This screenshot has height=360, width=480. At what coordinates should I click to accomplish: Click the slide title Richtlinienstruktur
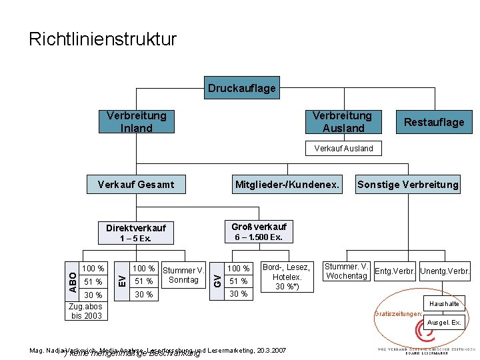pyautogui.click(x=103, y=39)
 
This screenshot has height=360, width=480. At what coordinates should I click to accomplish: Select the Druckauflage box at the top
pyautogui.click(x=241, y=88)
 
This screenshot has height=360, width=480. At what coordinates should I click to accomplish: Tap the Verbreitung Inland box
pyautogui.click(x=136, y=122)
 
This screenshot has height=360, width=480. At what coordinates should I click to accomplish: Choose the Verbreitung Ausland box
pyautogui.click(x=343, y=122)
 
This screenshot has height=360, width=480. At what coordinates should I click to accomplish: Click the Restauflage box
pyautogui.click(x=434, y=122)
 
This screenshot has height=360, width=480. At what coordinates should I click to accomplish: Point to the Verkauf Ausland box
pyautogui.click(x=343, y=148)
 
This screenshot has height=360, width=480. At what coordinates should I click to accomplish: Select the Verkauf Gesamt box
pyautogui.click(x=136, y=184)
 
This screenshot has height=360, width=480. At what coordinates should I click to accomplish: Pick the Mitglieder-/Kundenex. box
pyautogui.click(x=287, y=184)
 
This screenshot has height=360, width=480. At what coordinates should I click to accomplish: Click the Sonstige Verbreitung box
pyautogui.click(x=408, y=184)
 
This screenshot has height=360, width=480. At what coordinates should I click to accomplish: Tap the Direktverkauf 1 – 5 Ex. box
pyautogui.click(x=136, y=232)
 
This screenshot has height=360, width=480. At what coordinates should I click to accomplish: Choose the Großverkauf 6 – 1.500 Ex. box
pyautogui.click(x=259, y=231)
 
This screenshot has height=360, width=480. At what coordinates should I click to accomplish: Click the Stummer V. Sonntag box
pyautogui.click(x=183, y=275)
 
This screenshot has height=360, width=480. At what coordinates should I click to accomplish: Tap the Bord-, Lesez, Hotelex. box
pyautogui.click(x=287, y=277)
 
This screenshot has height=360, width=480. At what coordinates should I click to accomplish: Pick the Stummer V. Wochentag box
pyautogui.click(x=347, y=271)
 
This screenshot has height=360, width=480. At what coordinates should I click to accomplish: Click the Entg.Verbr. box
pyautogui.click(x=395, y=271)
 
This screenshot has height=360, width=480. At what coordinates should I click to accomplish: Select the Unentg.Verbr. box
pyautogui.click(x=445, y=271)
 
